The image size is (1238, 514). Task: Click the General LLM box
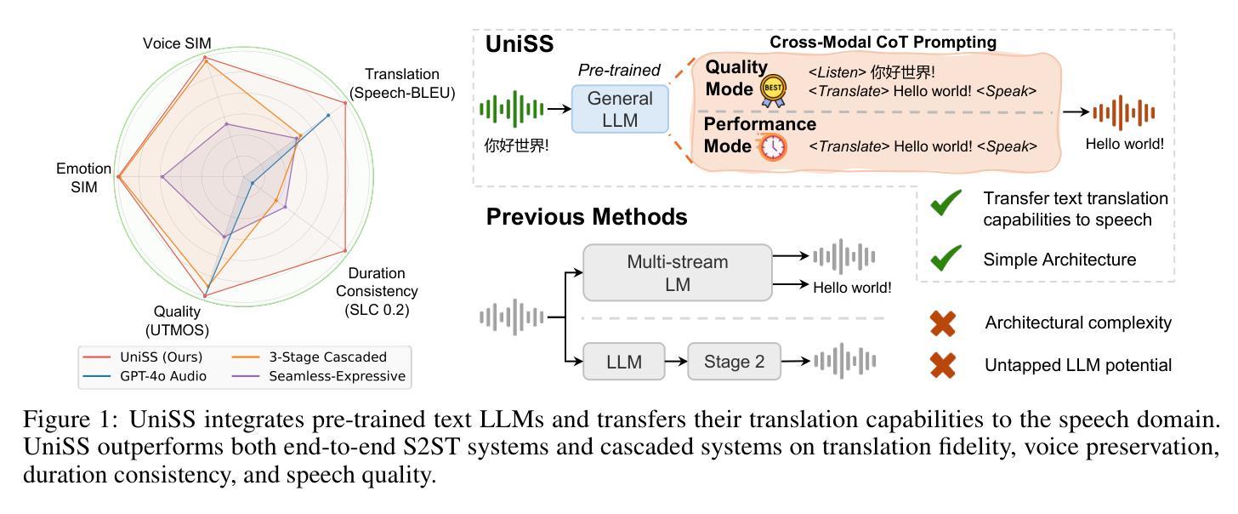click(x=620, y=109)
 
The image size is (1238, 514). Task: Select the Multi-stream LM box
click(x=677, y=272)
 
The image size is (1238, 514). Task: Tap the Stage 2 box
click(x=735, y=363)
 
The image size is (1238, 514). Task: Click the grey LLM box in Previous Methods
click(x=624, y=363)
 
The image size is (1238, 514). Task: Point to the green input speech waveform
click(x=512, y=109)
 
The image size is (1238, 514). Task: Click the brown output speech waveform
click(x=1124, y=112)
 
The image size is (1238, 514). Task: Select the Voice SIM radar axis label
click(x=177, y=43)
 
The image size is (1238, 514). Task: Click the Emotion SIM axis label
click(x=82, y=177)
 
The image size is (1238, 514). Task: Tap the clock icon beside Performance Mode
click(x=774, y=146)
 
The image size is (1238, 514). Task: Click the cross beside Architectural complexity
click(x=943, y=323)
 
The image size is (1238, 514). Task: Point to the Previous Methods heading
click(x=587, y=217)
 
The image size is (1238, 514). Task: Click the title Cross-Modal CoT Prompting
click(x=883, y=42)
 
